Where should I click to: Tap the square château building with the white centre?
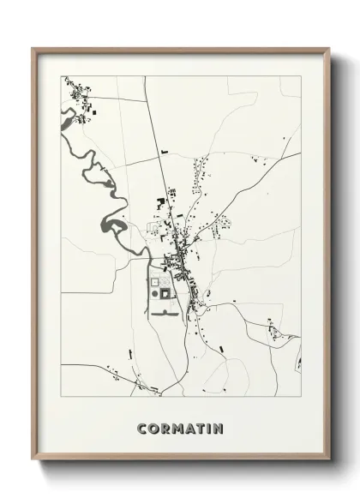coord(166,294)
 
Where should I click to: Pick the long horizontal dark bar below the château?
coord(164,313)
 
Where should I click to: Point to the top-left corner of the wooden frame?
coord(34,49)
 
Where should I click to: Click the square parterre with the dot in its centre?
coord(154,280)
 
